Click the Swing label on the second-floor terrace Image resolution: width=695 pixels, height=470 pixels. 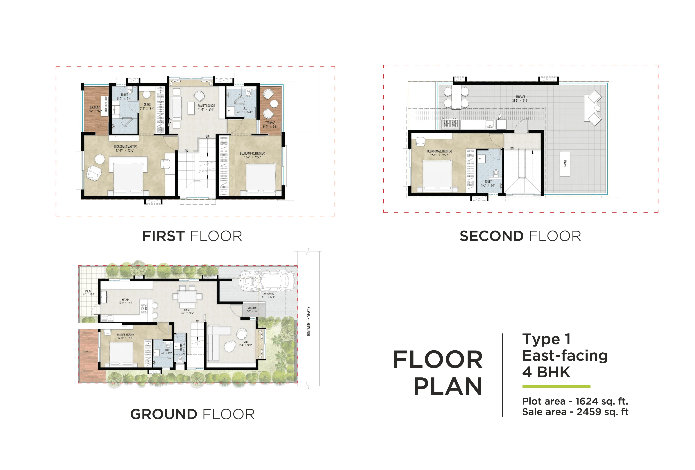[565, 163]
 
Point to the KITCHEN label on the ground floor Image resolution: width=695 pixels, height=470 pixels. [126, 299]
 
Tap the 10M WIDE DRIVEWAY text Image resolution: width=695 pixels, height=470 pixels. [309, 321]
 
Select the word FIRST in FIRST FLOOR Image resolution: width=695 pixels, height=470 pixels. [163, 236]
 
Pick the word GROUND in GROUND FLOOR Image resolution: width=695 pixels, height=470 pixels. [164, 414]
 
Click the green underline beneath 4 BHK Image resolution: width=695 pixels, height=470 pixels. [556, 386]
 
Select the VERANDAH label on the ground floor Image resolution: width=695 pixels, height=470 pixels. [252, 308]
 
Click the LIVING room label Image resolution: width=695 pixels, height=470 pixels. [245, 342]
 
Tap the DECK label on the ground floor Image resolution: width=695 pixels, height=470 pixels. [88, 351]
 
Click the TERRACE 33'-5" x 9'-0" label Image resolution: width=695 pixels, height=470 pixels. [520, 97]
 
